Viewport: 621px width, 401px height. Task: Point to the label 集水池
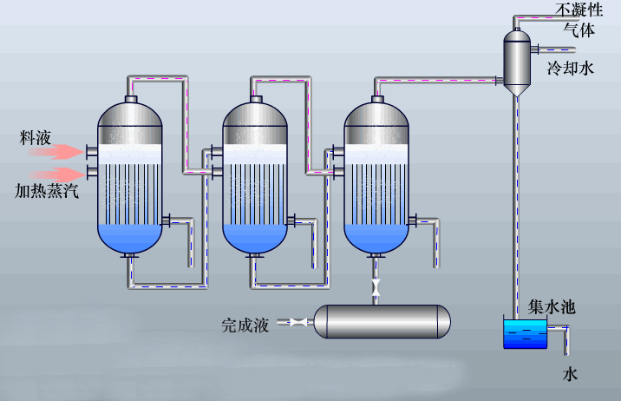click(552, 307)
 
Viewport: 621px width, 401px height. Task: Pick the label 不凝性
click(579, 10)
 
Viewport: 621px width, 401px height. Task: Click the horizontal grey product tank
click(382, 321)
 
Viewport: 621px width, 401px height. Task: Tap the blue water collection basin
click(525, 335)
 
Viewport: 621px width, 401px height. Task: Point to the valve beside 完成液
click(298, 322)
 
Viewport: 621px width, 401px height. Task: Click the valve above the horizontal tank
click(376, 286)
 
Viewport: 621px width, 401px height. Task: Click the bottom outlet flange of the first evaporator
click(131, 256)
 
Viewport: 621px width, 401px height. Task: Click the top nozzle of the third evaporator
click(376, 99)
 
